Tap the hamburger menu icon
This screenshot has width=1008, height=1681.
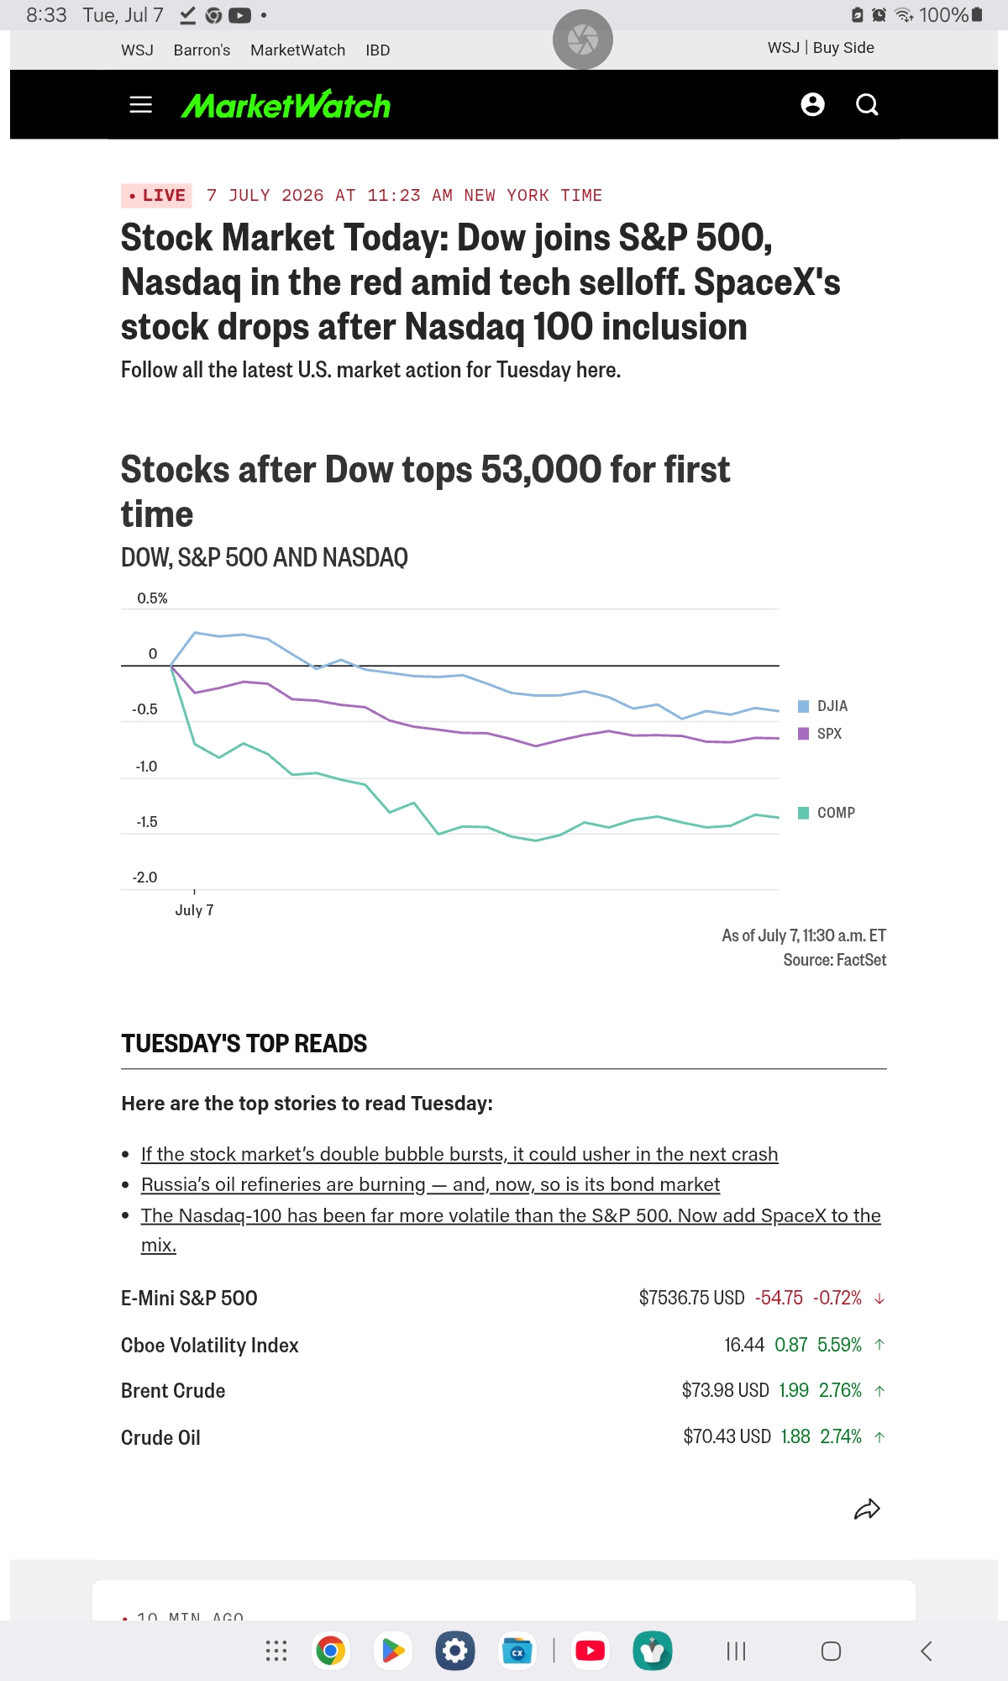141,104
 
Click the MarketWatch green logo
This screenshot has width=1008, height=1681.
286,105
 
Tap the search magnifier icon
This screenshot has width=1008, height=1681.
867,104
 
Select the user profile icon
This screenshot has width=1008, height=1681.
812,104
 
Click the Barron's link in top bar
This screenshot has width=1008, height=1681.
202,50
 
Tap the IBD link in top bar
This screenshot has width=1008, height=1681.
378,50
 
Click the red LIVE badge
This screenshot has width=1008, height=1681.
156,195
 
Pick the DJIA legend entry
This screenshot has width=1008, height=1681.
822,706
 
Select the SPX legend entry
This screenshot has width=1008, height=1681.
820,734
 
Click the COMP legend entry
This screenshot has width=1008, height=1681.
827,813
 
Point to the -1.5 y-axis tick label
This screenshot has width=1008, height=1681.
146,822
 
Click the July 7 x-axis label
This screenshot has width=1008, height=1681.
194,910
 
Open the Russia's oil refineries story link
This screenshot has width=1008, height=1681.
430,1184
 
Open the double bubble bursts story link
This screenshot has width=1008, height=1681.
459,1154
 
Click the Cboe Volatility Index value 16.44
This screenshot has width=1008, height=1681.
744,1345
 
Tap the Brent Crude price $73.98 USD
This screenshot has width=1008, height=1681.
726,1390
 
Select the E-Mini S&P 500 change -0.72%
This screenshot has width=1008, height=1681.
837,1298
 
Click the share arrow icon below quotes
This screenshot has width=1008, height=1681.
867,1510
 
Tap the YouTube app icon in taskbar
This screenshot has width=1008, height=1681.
590,1651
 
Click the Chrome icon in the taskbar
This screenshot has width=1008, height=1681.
330,1651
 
